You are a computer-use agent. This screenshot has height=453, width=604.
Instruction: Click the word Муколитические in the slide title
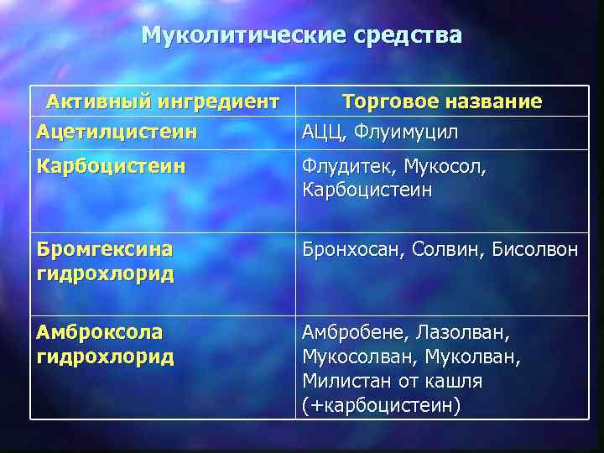243,35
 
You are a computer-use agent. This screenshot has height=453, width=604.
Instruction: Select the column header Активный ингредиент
162,102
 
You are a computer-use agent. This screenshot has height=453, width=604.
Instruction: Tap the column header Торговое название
442,102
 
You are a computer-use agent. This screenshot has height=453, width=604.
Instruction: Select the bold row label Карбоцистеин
112,166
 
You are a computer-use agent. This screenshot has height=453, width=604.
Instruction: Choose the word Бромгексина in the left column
105,249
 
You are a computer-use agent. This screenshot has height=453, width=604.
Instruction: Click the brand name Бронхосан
351,250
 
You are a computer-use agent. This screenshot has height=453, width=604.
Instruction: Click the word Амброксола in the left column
100,332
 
